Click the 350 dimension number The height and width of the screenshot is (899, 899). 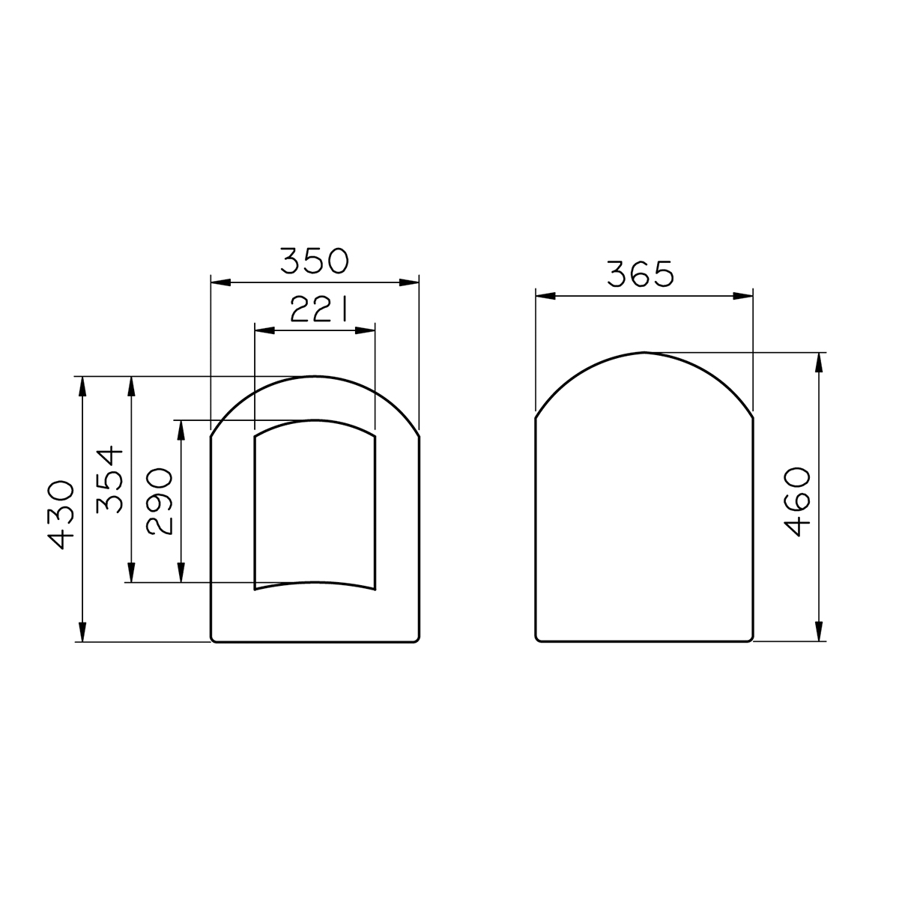coord(314,261)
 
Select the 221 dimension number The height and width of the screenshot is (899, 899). coord(319,309)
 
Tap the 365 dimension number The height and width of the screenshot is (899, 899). coord(641,274)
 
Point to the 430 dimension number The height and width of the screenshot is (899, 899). coord(61,515)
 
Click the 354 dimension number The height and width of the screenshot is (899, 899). coord(109,480)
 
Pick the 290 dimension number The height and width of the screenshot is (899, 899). coord(159,501)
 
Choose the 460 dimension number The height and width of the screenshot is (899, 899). coord(797,502)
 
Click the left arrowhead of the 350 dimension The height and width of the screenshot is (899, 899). coord(221,282)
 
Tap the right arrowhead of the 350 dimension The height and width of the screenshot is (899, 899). coord(409,282)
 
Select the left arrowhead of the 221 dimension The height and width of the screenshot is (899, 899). coord(264,331)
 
